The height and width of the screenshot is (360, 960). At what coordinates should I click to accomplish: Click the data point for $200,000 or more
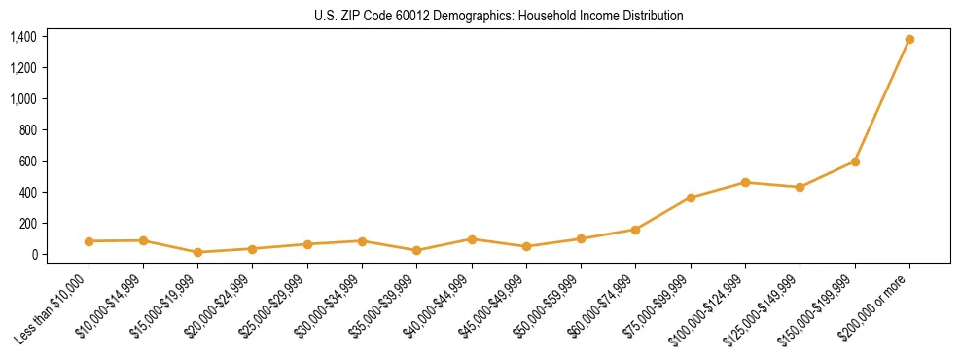click(909, 40)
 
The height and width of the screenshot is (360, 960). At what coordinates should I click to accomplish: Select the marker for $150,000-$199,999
click(855, 162)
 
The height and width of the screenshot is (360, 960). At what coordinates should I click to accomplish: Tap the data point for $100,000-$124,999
click(745, 182)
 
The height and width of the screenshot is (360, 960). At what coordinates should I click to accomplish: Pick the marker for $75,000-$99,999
click(691, 198)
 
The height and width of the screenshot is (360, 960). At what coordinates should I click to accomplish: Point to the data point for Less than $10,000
click(89, 241)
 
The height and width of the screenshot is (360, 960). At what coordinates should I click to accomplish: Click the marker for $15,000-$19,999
click(198, 252)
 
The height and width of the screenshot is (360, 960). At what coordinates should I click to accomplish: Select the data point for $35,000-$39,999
click(417, 250)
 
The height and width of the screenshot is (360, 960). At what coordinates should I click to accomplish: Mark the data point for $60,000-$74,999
click(636, 230)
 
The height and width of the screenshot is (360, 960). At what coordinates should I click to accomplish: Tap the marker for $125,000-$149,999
click(800, 187)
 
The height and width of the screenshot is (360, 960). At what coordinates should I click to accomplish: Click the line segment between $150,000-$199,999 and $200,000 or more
click(882, 100)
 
